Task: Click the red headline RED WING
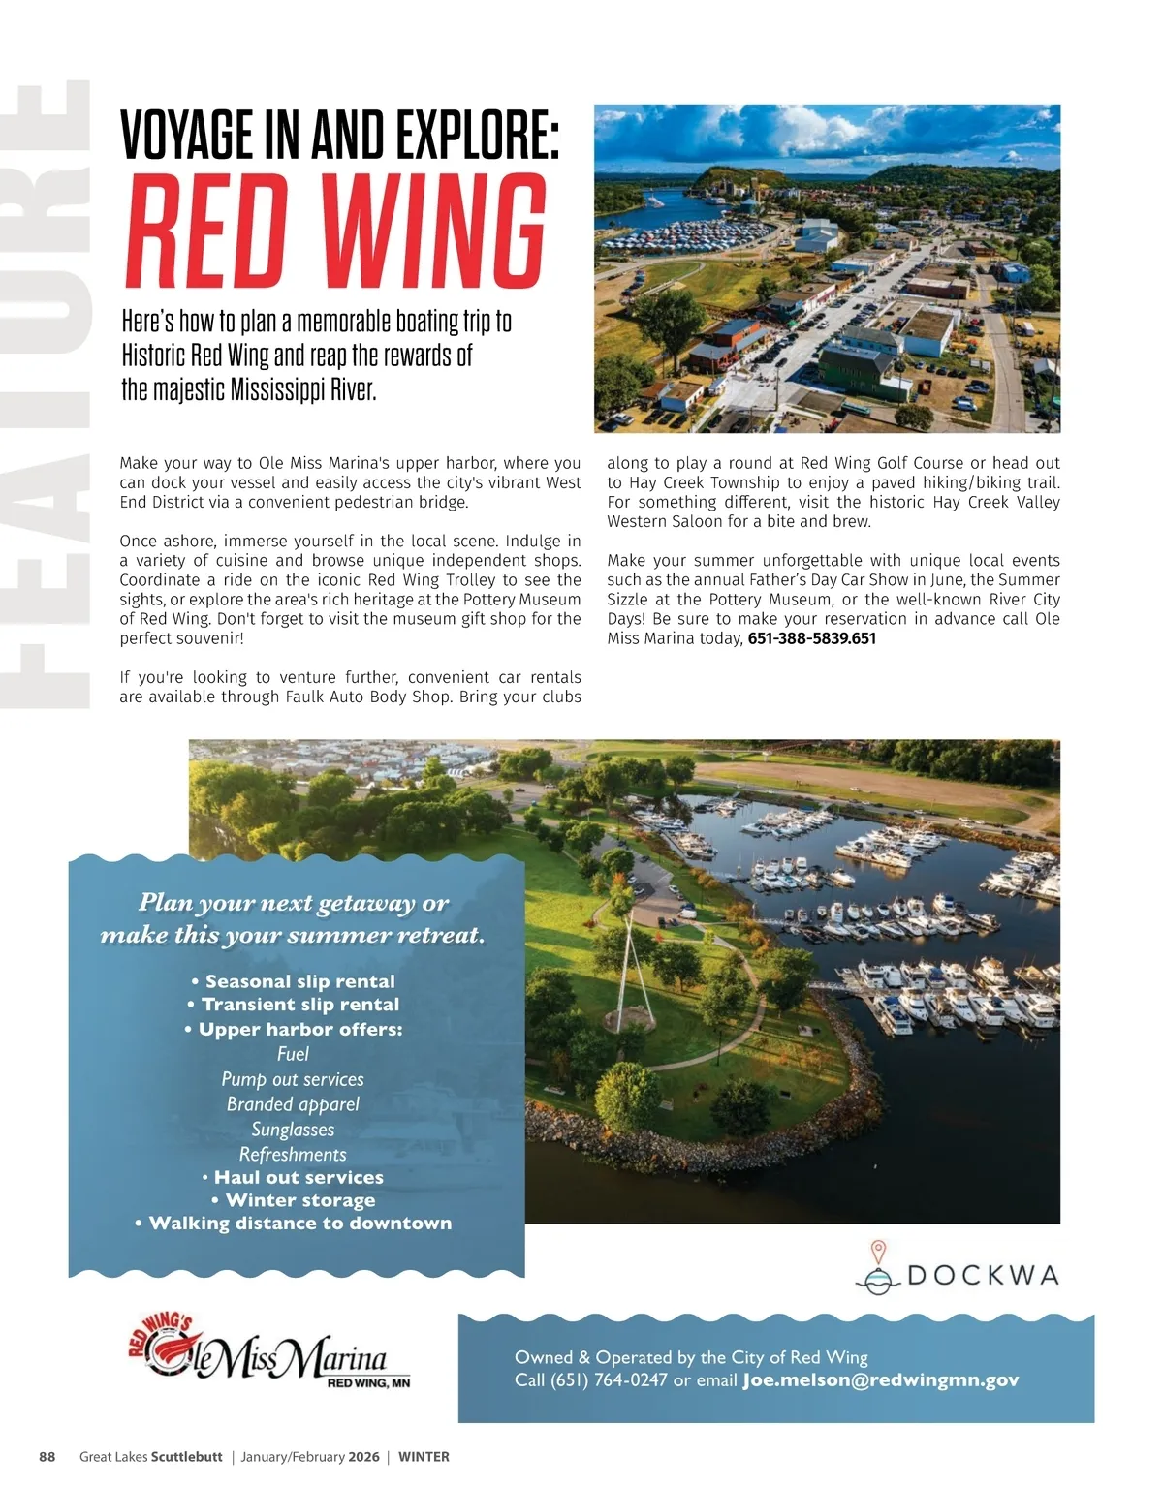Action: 335,232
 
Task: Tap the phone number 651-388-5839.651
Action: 811,638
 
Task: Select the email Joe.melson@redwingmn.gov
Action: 880,1380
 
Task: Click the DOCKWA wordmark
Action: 982,1275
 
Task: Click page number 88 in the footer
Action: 47,1457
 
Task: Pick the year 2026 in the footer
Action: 363,1457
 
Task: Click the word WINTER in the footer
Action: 424,1457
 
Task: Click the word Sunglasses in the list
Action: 293,1130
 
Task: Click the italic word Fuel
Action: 293,1054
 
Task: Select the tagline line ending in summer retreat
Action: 293,935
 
